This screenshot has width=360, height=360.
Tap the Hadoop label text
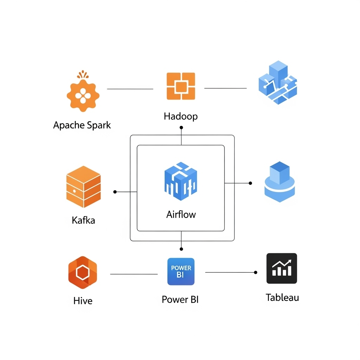point(181,116)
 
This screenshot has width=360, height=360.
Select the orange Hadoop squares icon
point(181,86)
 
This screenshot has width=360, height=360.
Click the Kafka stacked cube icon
point(84,187)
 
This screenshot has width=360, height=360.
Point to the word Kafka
point(83,220)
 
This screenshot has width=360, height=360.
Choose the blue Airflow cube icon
point(181,181)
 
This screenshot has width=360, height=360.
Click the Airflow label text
point(181,214)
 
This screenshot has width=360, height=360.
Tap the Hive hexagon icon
point(83,272)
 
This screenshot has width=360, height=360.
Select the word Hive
point(83,301)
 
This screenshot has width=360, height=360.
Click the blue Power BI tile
point(181,272)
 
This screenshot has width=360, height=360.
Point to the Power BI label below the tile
point(180,300)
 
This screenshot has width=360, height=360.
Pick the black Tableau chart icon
point(282,268)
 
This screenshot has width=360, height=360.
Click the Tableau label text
point(282,297)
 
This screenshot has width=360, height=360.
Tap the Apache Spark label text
point(82,126)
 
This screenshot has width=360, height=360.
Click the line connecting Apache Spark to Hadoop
point(130,89)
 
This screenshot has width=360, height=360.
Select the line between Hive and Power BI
point(134,274)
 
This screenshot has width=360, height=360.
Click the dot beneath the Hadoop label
point(181,127)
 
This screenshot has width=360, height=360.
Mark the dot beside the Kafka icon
point(115,192)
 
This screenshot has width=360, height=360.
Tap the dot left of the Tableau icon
point(256,272)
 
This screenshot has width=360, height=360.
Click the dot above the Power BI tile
point(181,249)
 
